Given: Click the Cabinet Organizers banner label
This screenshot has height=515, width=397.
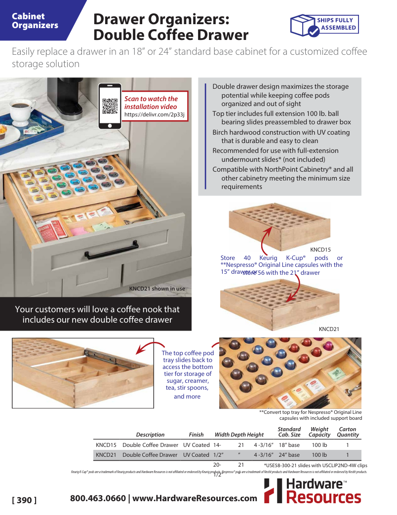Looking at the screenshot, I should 35,21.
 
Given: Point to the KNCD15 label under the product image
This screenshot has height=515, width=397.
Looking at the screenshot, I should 320,250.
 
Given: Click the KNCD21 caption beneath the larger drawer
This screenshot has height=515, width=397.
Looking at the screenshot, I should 329,329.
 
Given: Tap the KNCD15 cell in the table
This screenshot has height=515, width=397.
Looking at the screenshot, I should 106,445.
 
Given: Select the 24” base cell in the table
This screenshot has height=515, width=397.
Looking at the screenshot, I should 289,455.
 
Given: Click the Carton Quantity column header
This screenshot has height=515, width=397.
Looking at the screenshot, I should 348,432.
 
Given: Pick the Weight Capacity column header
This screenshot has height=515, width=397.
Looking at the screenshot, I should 319,432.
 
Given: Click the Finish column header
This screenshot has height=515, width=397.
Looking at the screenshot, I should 196,435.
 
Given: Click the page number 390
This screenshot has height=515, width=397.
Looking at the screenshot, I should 24,500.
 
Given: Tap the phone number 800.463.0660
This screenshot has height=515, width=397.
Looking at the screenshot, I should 98,498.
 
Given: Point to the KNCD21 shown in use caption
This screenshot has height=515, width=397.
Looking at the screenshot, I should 157,289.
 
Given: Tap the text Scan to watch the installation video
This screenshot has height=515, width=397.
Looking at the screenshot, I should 151,103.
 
